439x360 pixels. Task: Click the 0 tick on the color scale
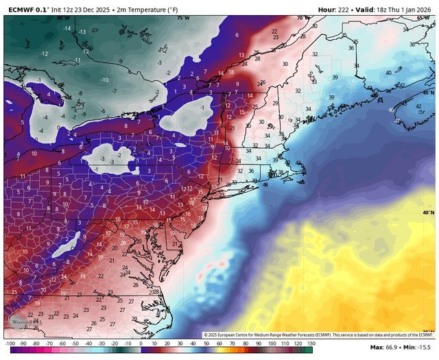click(x=141, y=343)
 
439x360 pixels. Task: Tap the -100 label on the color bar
click(x=10, y=343)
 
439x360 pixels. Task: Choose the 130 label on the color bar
click(x=310, y=343)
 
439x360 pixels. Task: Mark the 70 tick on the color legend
click(x=233, y=343)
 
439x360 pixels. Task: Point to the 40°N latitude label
click(x=429, y=213)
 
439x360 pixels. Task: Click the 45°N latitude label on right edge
click(x=429, y=93)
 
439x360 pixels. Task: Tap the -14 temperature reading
click(x=67, y=28)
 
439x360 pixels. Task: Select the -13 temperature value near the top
click(x=82, y=32)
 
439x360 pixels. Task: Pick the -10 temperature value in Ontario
click(x=105, y=80)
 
